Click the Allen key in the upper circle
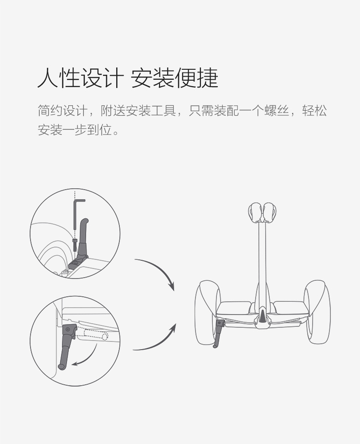pos(76,212)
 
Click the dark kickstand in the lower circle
pos(67,346)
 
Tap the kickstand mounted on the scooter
pos(218,333)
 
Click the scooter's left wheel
pos(208,312)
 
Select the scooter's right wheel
pos(317,312)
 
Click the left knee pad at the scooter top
pos(256,212)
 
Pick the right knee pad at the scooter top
pos(269,212)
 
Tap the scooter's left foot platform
pos(234,308)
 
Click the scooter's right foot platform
pos(291,308)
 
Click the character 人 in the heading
pos(48,78)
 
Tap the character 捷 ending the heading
pos(207,78)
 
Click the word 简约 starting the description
pos(50,110)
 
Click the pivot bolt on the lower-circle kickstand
pos(67,329)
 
